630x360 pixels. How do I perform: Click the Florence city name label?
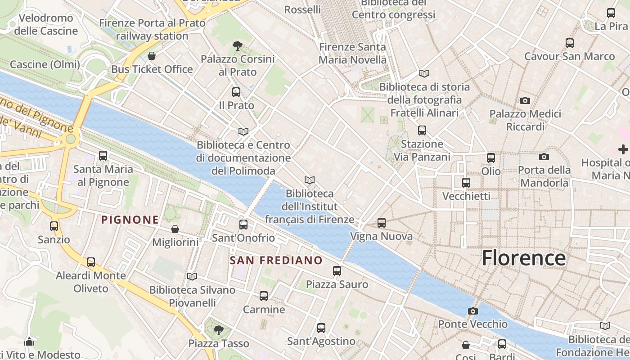[523, 258]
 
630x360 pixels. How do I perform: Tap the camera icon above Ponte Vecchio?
[472, 311]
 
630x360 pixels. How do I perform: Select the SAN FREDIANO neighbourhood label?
[276, 261]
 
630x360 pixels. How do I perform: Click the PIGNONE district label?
[130, 220]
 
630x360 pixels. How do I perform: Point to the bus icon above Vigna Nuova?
[382, 222]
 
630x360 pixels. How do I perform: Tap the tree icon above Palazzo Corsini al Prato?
[237, 45]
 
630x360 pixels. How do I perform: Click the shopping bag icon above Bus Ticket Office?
[152, 56]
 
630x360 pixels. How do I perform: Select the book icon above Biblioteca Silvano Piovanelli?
[192, 276]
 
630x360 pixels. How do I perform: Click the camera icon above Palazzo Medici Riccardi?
[525, 100]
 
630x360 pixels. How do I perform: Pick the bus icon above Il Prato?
[236, 92]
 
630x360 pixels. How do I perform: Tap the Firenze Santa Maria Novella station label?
[352, 53]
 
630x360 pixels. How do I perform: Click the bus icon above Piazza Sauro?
[337, 270]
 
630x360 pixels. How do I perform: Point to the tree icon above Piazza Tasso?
[218, 330]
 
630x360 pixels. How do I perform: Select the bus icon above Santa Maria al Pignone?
[103, 156]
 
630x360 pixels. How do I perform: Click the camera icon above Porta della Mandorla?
[544, 157]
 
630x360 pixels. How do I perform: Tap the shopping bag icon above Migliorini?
[175, 229]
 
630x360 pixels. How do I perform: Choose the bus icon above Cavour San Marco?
[570, 43]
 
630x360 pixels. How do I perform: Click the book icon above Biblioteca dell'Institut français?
[309, 180]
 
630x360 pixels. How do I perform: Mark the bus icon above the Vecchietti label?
[466, 183]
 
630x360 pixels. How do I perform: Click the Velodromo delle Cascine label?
[46, 25]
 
